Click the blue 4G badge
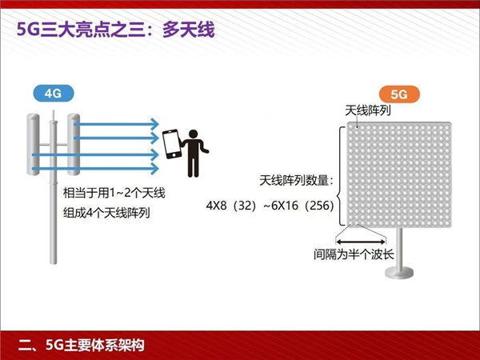[54, 94]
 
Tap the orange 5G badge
[399, 94]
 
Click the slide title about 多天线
[116, 30]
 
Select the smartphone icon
[171, 145]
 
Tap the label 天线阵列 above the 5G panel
[368, 110]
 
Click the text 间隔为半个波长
[354, 254]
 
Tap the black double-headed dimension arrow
[361, 242]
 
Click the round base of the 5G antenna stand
[399, 273]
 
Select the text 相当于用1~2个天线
[114, 193]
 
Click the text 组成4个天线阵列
[106, 213]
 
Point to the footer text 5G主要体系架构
[95, 345]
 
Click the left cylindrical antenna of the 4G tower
[33, 144]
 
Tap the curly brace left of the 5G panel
[341, 176]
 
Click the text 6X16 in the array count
[285, 206]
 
